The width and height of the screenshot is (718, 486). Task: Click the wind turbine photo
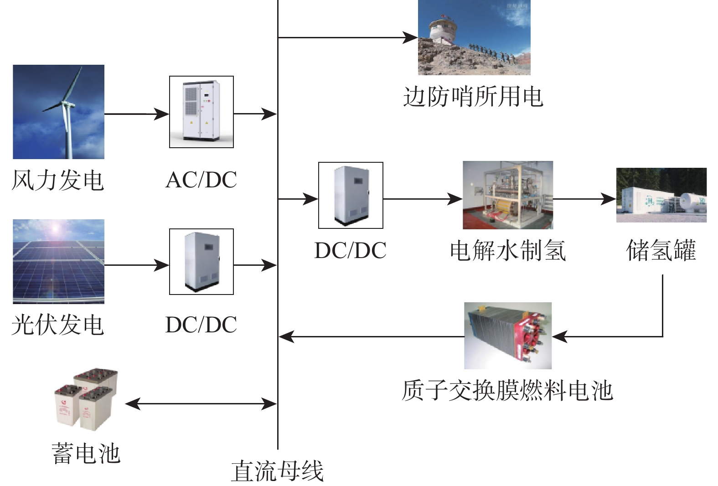(x=58, y=112)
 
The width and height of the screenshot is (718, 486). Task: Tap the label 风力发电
(x=57, y=180)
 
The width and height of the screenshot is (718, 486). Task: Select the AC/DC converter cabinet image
(x=201, y=112)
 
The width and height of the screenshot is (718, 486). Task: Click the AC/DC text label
(x=201, y=180)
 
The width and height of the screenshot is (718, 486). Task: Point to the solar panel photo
(x=58, y=261)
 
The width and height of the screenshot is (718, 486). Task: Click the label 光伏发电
(x=57, y=325)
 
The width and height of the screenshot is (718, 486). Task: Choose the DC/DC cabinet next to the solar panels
(x=201, y=262)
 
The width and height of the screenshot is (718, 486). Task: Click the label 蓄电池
(x=86, y=454)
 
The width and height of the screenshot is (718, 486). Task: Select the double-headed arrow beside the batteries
(x=201, y=403)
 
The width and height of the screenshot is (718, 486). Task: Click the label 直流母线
(x=277, y=471)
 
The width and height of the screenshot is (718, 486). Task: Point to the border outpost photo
(x=474, y=37)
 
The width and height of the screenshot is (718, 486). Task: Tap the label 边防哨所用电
(x=473, y=97)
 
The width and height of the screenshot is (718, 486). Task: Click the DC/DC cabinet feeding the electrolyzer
(x=350, y=195)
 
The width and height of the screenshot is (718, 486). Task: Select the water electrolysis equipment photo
(x=508, y=195)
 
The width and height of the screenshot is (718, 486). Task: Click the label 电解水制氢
(x=508, y=251)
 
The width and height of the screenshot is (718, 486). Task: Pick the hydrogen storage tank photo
(x=661, y=195)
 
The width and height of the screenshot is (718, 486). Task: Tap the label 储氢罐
(x=661, y=251)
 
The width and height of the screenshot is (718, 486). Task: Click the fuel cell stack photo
(x=508, y=336)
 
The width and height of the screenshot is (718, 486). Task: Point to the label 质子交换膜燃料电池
(x=507, y=391)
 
